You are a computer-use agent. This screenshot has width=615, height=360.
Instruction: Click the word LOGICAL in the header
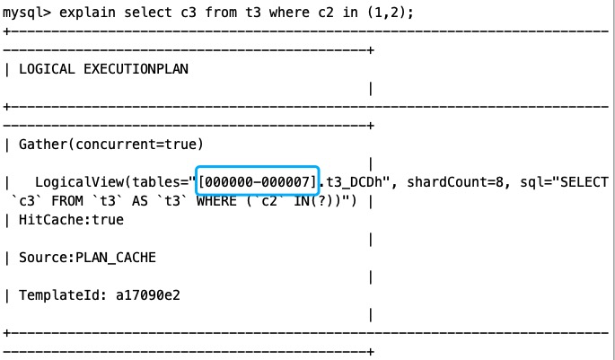47,67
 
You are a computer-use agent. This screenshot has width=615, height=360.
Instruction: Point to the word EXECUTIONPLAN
132,67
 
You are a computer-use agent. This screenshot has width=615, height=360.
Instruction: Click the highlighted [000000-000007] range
259,182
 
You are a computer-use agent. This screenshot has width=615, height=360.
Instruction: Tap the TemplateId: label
58,295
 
